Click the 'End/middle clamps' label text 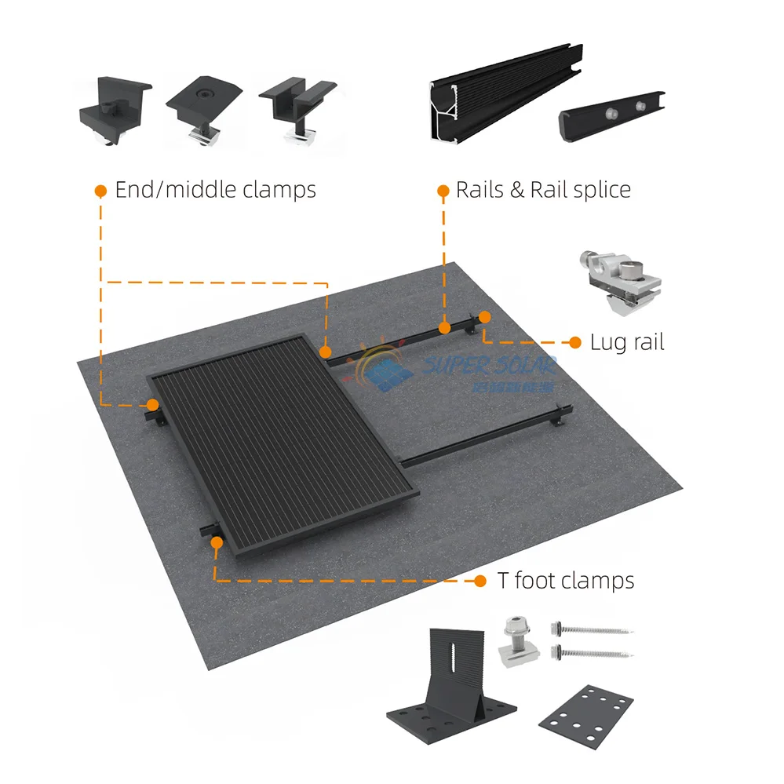coord(215,190)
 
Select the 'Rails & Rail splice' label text coord(543,190)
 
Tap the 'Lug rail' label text coord(627,342)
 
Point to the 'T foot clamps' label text coord(566,581)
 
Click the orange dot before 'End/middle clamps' coord(100,191)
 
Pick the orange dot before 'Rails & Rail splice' coord(443,191)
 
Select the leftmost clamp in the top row coord(113,110)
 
